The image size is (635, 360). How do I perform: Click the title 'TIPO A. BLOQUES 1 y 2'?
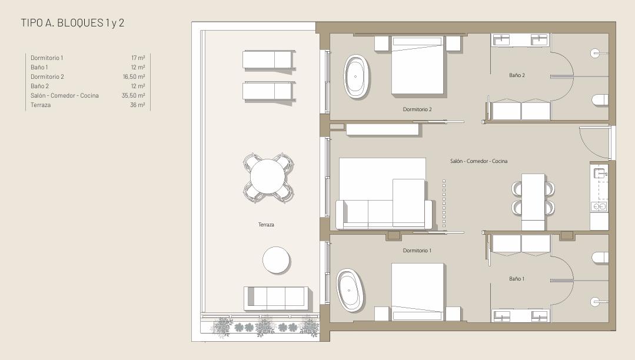[72, 23]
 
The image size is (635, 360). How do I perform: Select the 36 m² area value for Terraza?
[137, 105]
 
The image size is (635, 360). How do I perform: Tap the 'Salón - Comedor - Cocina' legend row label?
[65, 95]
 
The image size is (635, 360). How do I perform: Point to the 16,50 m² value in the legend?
[134, 76]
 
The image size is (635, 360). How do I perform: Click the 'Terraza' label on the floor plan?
[266, 224]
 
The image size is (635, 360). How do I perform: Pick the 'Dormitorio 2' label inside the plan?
[417, 109]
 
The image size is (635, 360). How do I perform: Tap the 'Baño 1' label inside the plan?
[517, 279]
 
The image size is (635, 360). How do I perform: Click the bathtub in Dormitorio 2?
[357, 76]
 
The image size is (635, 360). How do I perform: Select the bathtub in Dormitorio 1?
[350, 291]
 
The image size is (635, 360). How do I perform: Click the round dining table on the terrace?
[267, 178]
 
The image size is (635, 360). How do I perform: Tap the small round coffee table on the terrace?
[276, 260]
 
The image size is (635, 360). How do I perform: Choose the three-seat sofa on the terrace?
[275, 298]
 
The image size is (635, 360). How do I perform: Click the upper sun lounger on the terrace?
[268, 60]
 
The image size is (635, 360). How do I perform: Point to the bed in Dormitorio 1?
[417, 292]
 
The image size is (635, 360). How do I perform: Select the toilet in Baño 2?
[600, 100]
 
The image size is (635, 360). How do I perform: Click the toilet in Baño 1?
[600, 258]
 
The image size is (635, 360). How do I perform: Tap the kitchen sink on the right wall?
[599, 174]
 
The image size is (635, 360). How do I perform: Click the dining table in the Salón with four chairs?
[533, 202]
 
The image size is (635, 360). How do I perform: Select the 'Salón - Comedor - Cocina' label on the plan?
[478, 161]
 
